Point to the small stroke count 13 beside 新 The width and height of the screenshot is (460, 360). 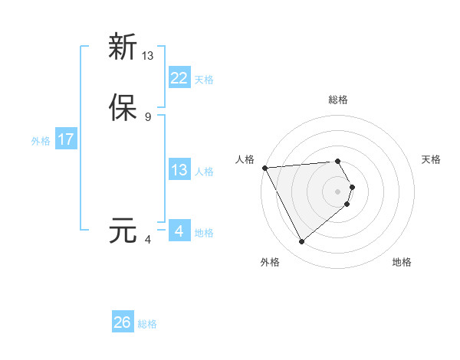coord(148,55)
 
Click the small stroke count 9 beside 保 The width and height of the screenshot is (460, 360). coord(147,116)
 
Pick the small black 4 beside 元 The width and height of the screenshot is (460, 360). coord(147,240)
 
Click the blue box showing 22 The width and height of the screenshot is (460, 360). coord(179,78)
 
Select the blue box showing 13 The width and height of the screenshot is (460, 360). coord(179,170)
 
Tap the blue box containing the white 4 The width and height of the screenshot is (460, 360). coord(179,231)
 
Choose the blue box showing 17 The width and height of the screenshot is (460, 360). coord(66,139)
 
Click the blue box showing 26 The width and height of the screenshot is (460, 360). coord(122,322)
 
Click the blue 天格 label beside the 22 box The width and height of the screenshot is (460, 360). coord(204,80)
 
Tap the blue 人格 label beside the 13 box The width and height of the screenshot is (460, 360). coord(204,172)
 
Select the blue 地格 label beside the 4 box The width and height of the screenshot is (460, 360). coord(204,233)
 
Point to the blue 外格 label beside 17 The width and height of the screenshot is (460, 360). coord(41,141)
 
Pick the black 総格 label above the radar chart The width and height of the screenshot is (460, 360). coord(337,100)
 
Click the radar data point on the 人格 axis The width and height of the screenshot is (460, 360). coord(264,168)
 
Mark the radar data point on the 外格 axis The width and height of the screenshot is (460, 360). coord(301,242)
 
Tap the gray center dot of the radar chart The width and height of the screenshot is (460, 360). coord(338,191)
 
